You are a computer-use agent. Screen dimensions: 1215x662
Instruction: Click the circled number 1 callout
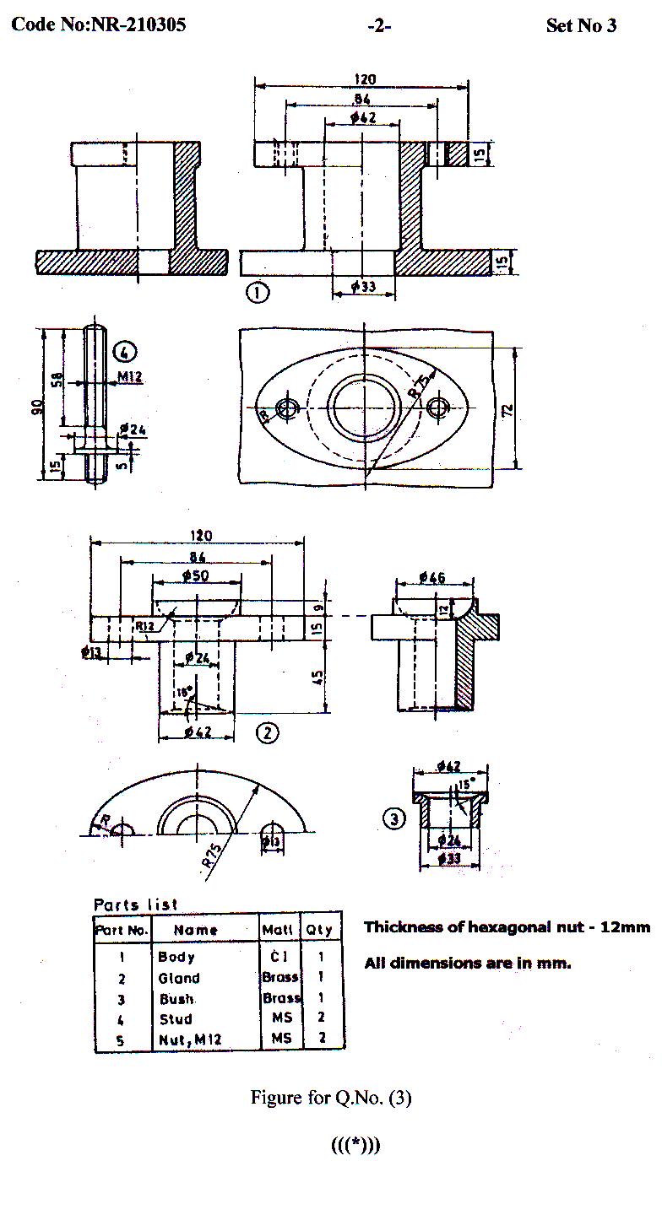tap(258, 293)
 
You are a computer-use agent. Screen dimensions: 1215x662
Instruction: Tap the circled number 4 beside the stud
tap(124, 350)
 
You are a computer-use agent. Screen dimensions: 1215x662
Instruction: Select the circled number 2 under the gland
tap(267, 732)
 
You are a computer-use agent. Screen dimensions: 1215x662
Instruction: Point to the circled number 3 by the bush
tap(393, 818)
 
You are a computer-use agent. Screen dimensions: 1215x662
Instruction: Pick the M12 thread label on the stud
tap(128, 376)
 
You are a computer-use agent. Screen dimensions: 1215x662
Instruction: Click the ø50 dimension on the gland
tap(197, 575)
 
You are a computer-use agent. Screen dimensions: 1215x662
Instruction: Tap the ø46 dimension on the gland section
tap(431, 578)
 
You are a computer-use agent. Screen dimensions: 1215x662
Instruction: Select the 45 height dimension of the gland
tap(319, 678)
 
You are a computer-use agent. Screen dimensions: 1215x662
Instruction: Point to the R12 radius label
tap(145, 625)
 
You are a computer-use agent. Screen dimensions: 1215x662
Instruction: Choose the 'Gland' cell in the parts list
tap(179, 979)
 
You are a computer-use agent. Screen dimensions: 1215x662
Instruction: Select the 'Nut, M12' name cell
tap(190, 1039)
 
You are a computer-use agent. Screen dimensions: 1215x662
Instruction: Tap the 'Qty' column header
tap(319, 930)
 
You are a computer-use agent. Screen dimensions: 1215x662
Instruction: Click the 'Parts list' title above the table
tap(136, 904)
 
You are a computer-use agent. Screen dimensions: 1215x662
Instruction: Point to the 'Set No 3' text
tap(581, 25)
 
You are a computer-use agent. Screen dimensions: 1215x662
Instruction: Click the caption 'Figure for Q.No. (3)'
tap(331, 1098)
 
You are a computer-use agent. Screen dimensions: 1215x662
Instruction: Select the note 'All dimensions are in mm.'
tap(467, 963)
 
